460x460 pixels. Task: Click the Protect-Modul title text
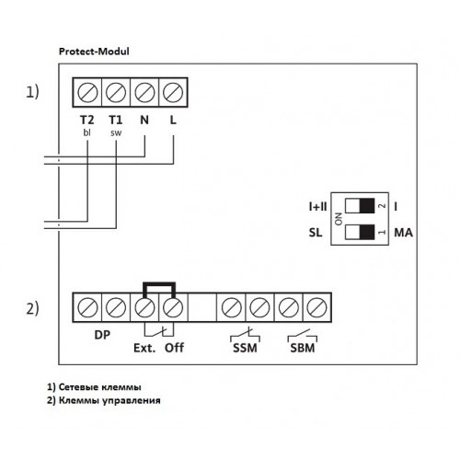(x=94, y=52)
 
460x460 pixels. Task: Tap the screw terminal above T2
(x=87, y=92)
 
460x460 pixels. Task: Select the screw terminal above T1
(x=116, y=92)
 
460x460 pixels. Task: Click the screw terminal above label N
(x=144, y=92)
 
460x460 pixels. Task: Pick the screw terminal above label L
(x=173, y=92)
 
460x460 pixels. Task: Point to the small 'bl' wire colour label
(x=87, y=132)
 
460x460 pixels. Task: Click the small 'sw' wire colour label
(x=116, y=133)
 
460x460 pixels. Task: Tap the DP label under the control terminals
(x=102, y=335)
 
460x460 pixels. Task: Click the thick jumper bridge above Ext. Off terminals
(x=159, y=284)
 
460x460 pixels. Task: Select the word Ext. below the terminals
(x=144, y=348)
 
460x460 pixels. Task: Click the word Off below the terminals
(x=174, y=348)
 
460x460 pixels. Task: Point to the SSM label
(x=245, y=348)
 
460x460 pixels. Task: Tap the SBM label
(x=303, y=348)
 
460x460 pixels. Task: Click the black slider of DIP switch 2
(x=367, y=206)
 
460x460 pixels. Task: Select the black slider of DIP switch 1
(x=367, y=232)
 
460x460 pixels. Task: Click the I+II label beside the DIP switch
(x=318, y=206)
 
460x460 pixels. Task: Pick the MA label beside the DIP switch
(x=403, y=233)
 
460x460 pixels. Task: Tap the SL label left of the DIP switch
(x=316, y=233)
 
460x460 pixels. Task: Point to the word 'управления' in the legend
(x=132, y=400)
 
